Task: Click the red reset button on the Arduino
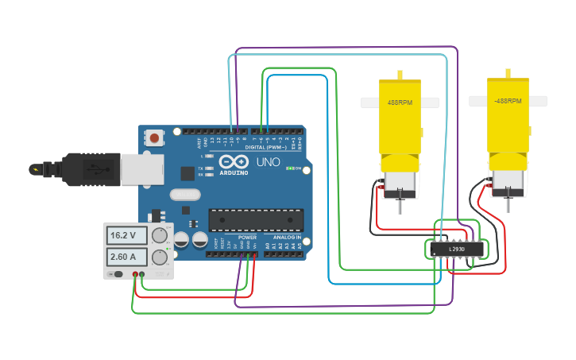[x=154, y=138]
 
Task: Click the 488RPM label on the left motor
[x=399, y=103]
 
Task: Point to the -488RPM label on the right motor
[x=508, y=102]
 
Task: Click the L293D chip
[x=456, y=249]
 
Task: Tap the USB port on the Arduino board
[x=142, y=169]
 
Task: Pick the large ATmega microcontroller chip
[x=256, y=219]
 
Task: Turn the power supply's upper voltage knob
[x=160, y=235]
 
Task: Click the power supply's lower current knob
[x=160, y=257]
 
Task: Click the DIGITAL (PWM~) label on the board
[x=266, y=147]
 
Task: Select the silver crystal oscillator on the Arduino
[x=185, y=194]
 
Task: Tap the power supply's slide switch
[x=118, y=274]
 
